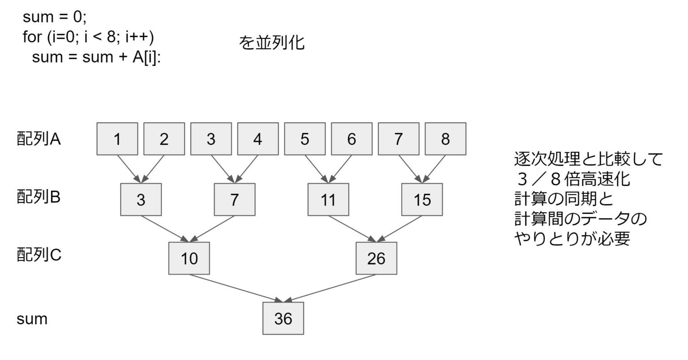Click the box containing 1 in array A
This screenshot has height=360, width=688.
point(117,139)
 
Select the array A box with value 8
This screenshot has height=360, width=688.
point(445,139)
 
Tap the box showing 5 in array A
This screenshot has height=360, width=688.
point(305,139)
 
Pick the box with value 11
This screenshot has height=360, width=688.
point(328,200)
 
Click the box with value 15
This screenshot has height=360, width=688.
point(422,200)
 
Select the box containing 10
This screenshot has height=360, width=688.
point(189,258)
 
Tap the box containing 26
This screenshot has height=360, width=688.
point(376,258)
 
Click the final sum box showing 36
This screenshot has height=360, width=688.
point(283,318)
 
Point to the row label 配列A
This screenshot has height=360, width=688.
point(39,139)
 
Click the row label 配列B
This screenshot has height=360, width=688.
point(39,197)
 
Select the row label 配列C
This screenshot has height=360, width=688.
point(39,255)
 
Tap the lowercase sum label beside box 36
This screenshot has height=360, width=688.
point(32,319)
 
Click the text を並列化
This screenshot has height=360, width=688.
point(272,43)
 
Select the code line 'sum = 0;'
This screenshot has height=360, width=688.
point(55,17)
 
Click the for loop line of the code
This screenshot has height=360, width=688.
point(88,37)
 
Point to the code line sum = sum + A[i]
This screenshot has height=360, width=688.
point(96,57)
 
